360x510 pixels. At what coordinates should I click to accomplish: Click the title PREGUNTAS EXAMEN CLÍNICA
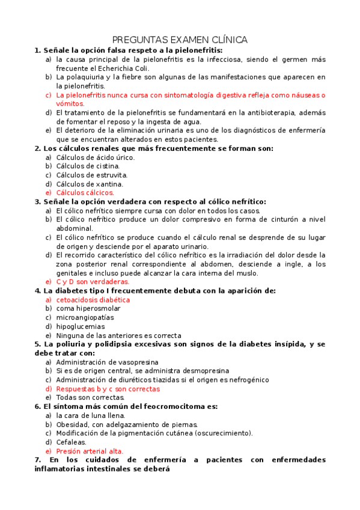180,40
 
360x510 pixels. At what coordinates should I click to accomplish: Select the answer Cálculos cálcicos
85,192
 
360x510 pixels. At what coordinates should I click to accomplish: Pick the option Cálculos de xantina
90,184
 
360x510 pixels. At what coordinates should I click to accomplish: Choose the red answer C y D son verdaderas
93,281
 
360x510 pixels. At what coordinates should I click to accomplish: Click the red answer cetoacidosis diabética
93,300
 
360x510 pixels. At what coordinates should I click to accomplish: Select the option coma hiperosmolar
89,309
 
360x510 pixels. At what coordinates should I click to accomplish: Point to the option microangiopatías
85,318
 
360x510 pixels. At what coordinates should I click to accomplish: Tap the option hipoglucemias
80,327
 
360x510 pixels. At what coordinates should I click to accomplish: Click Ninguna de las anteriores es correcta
118,336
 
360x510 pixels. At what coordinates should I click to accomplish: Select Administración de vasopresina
107,362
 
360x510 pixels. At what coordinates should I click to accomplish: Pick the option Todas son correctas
90,398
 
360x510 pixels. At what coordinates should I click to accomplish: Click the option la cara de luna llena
90,415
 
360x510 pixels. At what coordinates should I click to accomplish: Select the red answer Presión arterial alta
90,451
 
